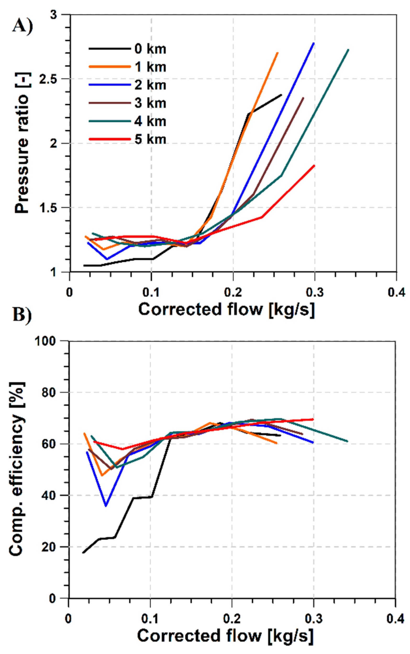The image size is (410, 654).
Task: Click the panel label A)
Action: pyautogui.click(x=22, y=27)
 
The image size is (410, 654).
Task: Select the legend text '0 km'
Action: pyautogui.click(x=150, y=49)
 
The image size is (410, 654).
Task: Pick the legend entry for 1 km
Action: pyautogui.click(x=150, y=67)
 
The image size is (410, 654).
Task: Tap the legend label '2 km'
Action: pyautogui.click(x=150, y=85)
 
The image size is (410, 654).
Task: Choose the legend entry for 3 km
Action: pyautogui.click(x=150, y=103)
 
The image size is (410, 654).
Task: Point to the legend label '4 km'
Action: pyautogui.click(x=150, y=121)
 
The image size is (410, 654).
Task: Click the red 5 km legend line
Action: pyautogui.click(x=110, y=139)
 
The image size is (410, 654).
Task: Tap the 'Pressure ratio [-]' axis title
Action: pyautogui.click(x=22, y=143)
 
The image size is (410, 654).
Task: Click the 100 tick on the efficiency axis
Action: pyautogui.click(x=45, y=341)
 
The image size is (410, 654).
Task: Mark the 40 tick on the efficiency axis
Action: pyautogui.click(x=49, y=495)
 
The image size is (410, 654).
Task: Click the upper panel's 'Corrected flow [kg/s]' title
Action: pyautogui.click(x=227, y=310)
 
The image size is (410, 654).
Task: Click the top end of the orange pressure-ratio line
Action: pyautogui.click(x=277, y=53)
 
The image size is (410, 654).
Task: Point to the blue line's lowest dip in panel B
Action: pyautogui.click(x=106, y=506)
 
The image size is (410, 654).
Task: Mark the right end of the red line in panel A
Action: pyautogui.click(x=314, y=166)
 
